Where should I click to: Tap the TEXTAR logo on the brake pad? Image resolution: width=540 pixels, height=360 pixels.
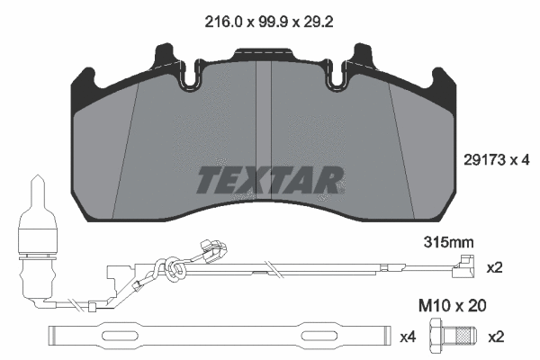pyautogui.click(x=267, y=179)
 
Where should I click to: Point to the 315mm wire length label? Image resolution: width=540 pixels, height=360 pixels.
pyautogui.click(x=447, y=242)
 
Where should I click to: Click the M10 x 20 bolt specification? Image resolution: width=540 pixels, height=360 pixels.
pyautogui.click(x=454, y=306)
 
